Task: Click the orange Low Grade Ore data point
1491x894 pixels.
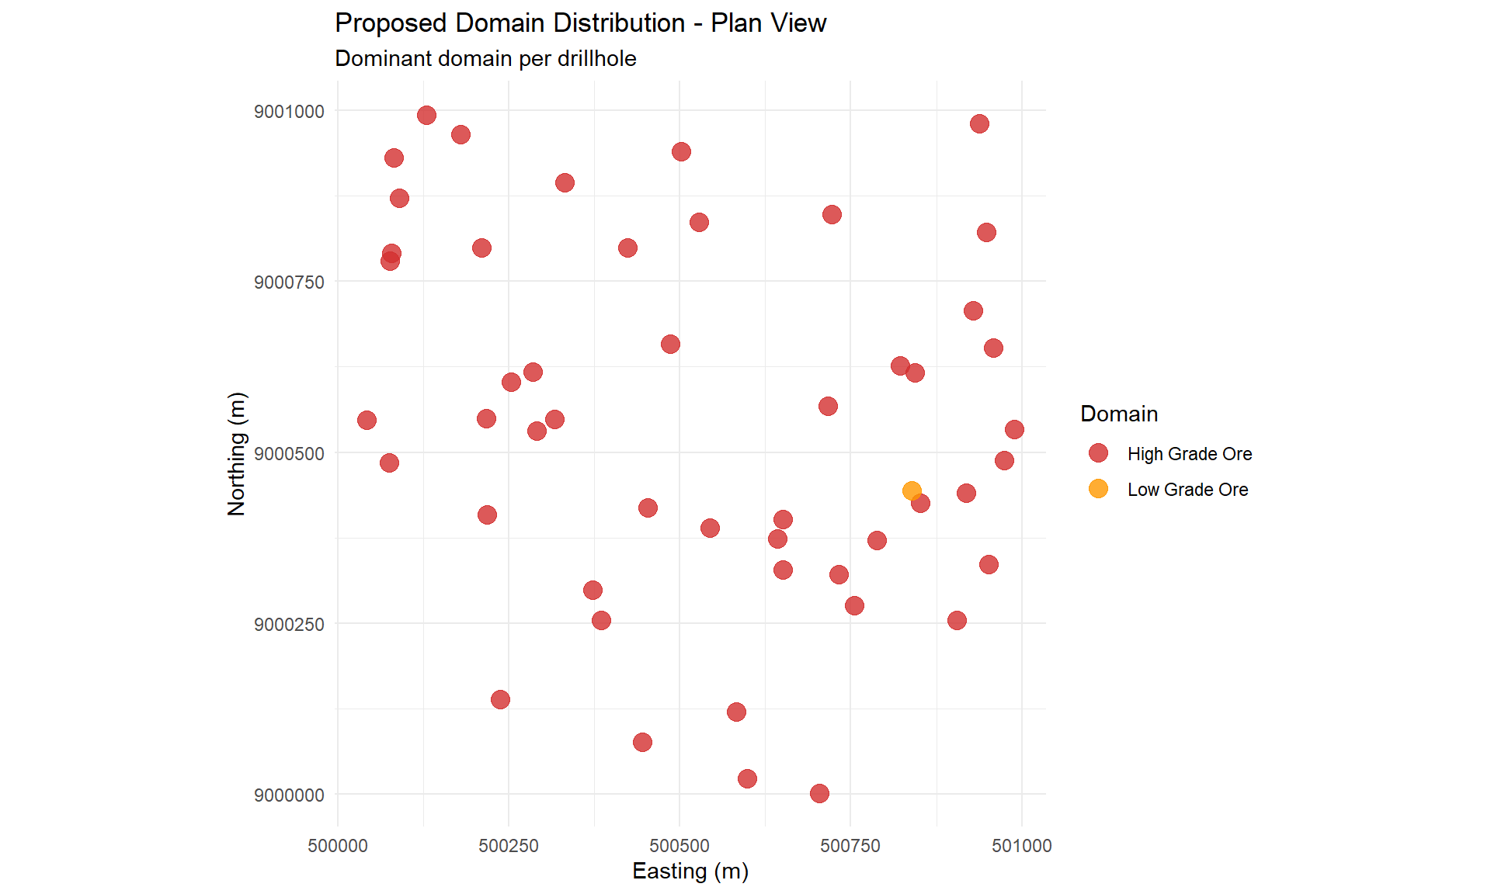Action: [x=912, y=490]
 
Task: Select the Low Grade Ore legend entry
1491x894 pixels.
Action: [x=1187, y=490]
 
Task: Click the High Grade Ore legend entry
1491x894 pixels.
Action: [x=1189, y=454]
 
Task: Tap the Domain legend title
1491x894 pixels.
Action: [x=1119, y=414]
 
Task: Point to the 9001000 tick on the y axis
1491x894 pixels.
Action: [x=289, y=112]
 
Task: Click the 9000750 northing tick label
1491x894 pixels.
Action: [x=289, y=282]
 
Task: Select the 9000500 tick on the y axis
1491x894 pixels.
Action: [x=289, y=454]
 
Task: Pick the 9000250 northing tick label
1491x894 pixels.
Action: [x=289, y=625]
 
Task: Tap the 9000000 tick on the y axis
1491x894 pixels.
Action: [x=289, y=795]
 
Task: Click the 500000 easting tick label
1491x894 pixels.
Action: [x=338, y=846]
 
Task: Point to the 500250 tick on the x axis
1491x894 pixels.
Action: [x=509, y=846]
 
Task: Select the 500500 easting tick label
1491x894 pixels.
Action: [x=679, y=846]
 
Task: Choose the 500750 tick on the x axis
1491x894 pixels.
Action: [x=850, y=846]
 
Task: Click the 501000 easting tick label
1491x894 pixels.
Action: [x=1021, y=846]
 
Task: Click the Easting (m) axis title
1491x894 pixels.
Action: [x=690, y=871]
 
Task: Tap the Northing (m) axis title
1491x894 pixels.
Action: [x=236, y=454]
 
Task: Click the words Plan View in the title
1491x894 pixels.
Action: [x=768, y=23]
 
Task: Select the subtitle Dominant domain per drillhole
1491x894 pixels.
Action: [x=485, y=59]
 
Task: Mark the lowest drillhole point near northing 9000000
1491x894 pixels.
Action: [x=819, y=793]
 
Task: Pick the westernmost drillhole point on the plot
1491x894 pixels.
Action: [x=367, y=420]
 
